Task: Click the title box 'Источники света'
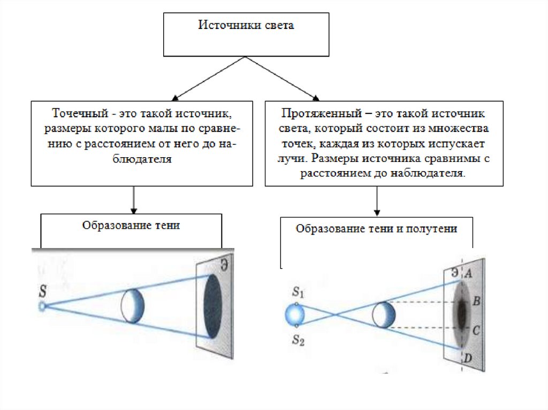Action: point(246,34)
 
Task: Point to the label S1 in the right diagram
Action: point(298,292)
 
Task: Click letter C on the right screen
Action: point(476,331)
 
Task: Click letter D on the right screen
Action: point(468,358)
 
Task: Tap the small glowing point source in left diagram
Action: point(42,306)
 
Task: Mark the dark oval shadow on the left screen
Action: point(212,306)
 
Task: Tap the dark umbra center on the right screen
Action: point(461,313)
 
